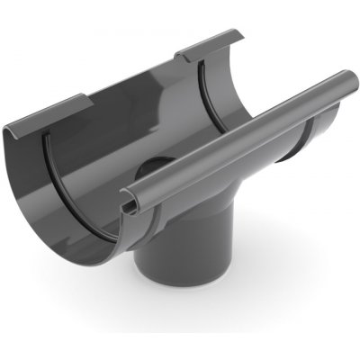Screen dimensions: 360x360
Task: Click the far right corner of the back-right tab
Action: tap(241, 36)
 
